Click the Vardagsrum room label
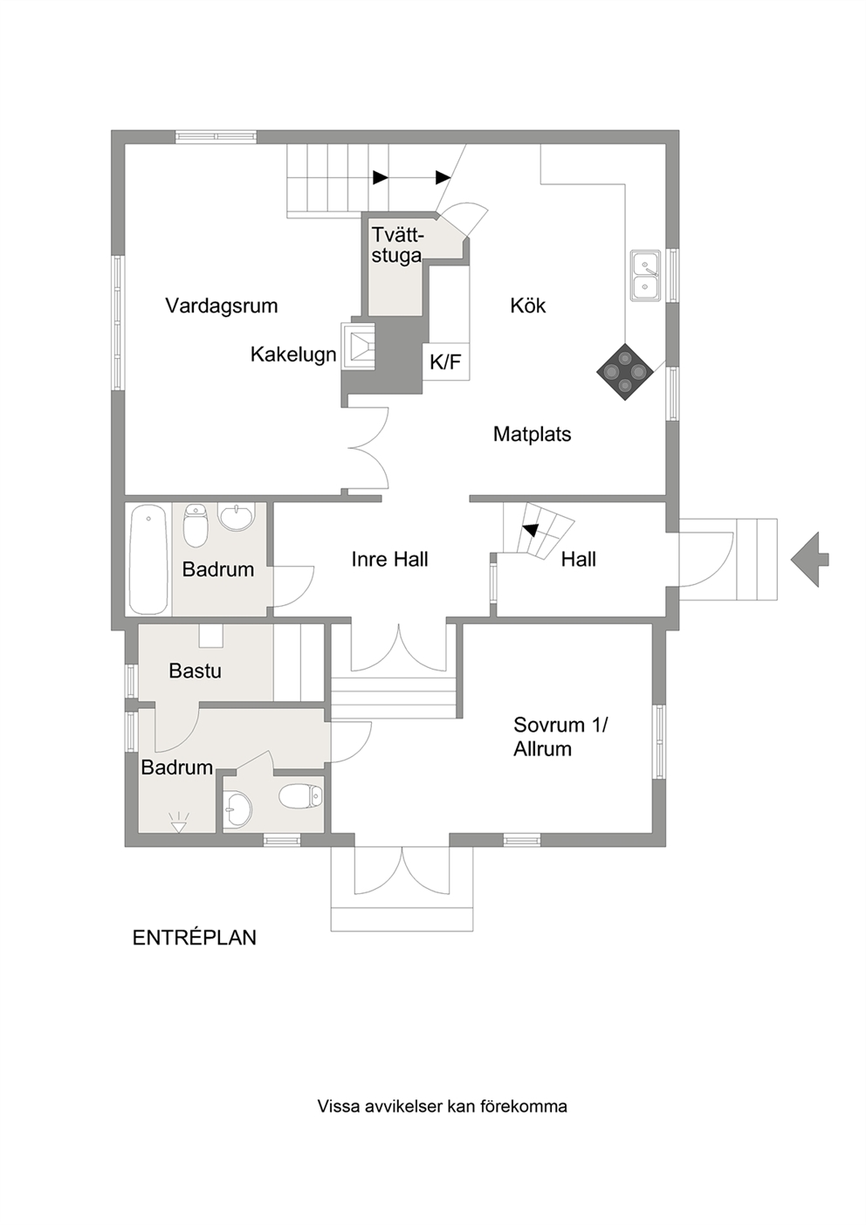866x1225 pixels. [222, 306]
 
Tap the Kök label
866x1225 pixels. [528, 305]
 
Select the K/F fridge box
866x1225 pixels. [446, 361]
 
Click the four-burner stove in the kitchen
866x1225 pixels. [624, 372]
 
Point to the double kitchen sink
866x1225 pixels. [646, 275]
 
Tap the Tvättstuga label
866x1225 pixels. [397, 244]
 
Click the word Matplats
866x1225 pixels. [532, 434]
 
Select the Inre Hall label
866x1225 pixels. [390, 560]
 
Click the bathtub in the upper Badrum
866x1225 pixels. [148, 559]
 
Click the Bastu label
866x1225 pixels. [196, 671]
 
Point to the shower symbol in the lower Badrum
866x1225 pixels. [179, 821]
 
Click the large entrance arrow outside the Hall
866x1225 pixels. [809, 560]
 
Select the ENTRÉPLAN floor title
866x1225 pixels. [194, 938]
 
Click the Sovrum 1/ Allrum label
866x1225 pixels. [560, 737]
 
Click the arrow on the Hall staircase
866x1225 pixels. [530, 529]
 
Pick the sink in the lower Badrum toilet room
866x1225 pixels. [237, 810]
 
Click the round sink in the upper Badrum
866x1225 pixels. [237, 516]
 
